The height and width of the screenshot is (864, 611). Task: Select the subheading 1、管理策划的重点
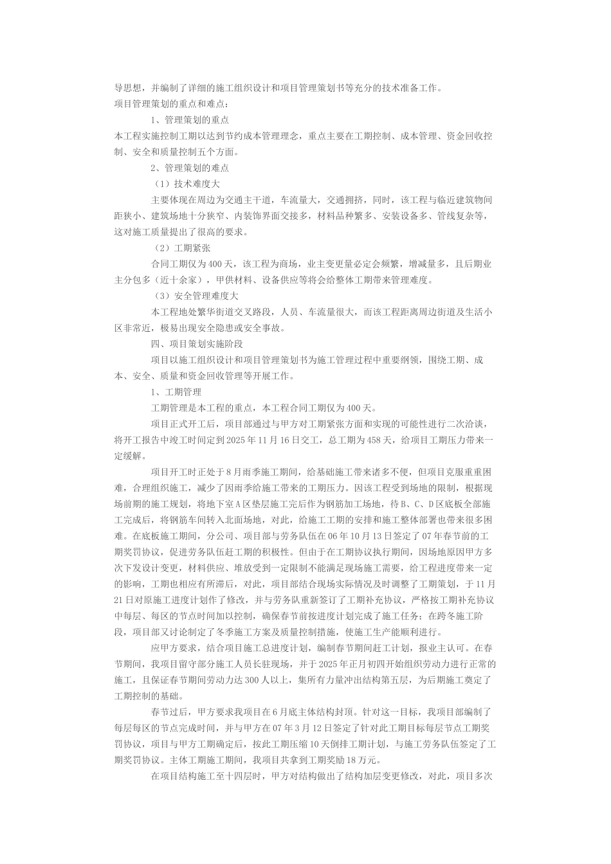pos(190,120)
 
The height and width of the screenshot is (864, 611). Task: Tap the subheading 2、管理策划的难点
pos(190,168)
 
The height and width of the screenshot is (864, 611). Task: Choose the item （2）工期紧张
pos(182,248)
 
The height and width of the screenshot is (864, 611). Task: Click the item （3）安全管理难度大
pos(196,296)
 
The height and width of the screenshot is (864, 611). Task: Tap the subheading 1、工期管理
pos(176,392)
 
